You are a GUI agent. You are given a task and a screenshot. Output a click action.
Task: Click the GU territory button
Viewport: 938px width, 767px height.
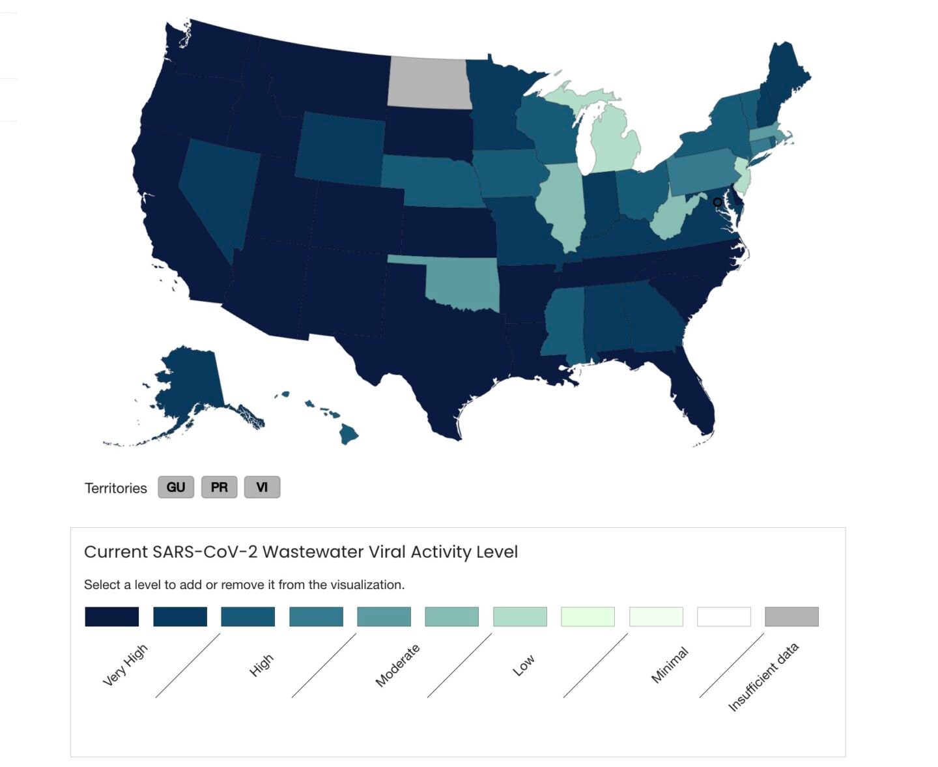(176, 487)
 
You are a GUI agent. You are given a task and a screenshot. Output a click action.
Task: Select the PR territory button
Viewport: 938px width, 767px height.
(219, 487)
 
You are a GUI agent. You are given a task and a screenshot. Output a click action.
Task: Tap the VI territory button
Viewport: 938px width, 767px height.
(262, 487)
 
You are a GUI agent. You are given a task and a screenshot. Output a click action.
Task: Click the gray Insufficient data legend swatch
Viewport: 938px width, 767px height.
(791, 616)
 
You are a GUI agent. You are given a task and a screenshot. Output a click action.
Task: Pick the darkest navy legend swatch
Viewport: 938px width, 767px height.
(111, 616)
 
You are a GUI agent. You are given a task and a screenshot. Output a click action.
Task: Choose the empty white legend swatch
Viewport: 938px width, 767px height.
(724, 616)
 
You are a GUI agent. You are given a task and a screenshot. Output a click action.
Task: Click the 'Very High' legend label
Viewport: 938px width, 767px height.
(125, 665)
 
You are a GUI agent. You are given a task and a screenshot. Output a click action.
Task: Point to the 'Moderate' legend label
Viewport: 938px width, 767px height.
(397, 665)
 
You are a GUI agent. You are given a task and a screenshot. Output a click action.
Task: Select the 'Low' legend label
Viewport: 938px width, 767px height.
(524, 665)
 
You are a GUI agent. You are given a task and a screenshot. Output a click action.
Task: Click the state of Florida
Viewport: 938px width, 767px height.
(685, 383)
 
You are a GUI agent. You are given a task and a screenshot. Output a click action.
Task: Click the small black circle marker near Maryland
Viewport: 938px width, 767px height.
(717, 203)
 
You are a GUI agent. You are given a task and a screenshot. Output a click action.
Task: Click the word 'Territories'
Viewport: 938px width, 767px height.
(116, 488)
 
